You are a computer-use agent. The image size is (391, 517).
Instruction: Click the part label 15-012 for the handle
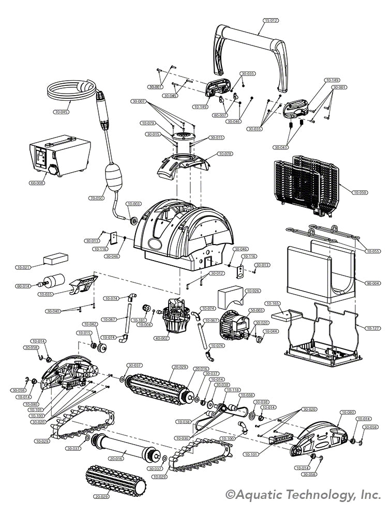coord(271,21)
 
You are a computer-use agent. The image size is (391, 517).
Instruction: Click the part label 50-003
coord(257,310)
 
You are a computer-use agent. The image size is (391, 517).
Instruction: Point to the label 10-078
coord(225,154)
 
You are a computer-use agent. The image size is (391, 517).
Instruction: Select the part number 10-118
coord(232,390)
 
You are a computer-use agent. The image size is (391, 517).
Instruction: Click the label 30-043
coord(282,147)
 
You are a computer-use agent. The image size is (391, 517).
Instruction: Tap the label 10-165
coord(273,303)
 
